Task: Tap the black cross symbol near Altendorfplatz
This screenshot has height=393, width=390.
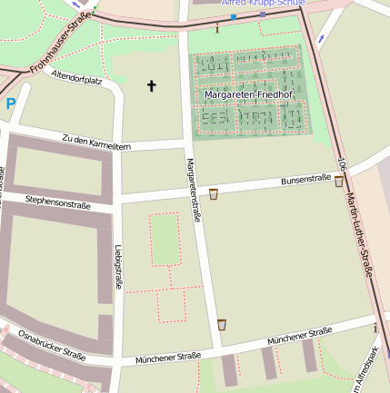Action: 152,86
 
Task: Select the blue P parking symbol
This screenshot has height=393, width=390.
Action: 11,104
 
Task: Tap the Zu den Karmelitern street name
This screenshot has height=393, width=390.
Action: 96,142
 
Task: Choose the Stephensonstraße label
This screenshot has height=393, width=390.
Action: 58,202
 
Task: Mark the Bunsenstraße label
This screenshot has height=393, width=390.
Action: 305,180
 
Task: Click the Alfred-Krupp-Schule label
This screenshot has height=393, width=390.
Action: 263,4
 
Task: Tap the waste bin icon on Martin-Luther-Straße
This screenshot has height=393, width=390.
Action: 339,182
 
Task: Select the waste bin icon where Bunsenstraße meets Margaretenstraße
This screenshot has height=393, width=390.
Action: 214,193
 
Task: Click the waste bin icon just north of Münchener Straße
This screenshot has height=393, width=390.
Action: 222,324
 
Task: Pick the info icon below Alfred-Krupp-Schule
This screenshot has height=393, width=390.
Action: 217,28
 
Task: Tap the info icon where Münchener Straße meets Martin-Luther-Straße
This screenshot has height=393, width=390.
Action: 375,327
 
